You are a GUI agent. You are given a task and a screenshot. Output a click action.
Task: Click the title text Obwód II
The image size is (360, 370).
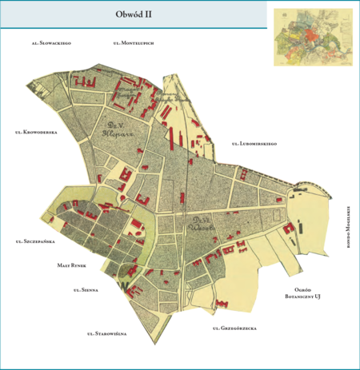(132, 14)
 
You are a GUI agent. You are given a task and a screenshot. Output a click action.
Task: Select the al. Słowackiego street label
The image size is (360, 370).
(52, 41)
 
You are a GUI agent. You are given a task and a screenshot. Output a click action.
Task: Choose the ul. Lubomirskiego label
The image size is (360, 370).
(254, 144)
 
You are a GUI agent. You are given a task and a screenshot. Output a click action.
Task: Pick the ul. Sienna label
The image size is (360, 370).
(85, 290)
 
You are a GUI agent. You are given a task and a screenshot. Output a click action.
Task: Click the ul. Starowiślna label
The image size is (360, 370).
(107, 333)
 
